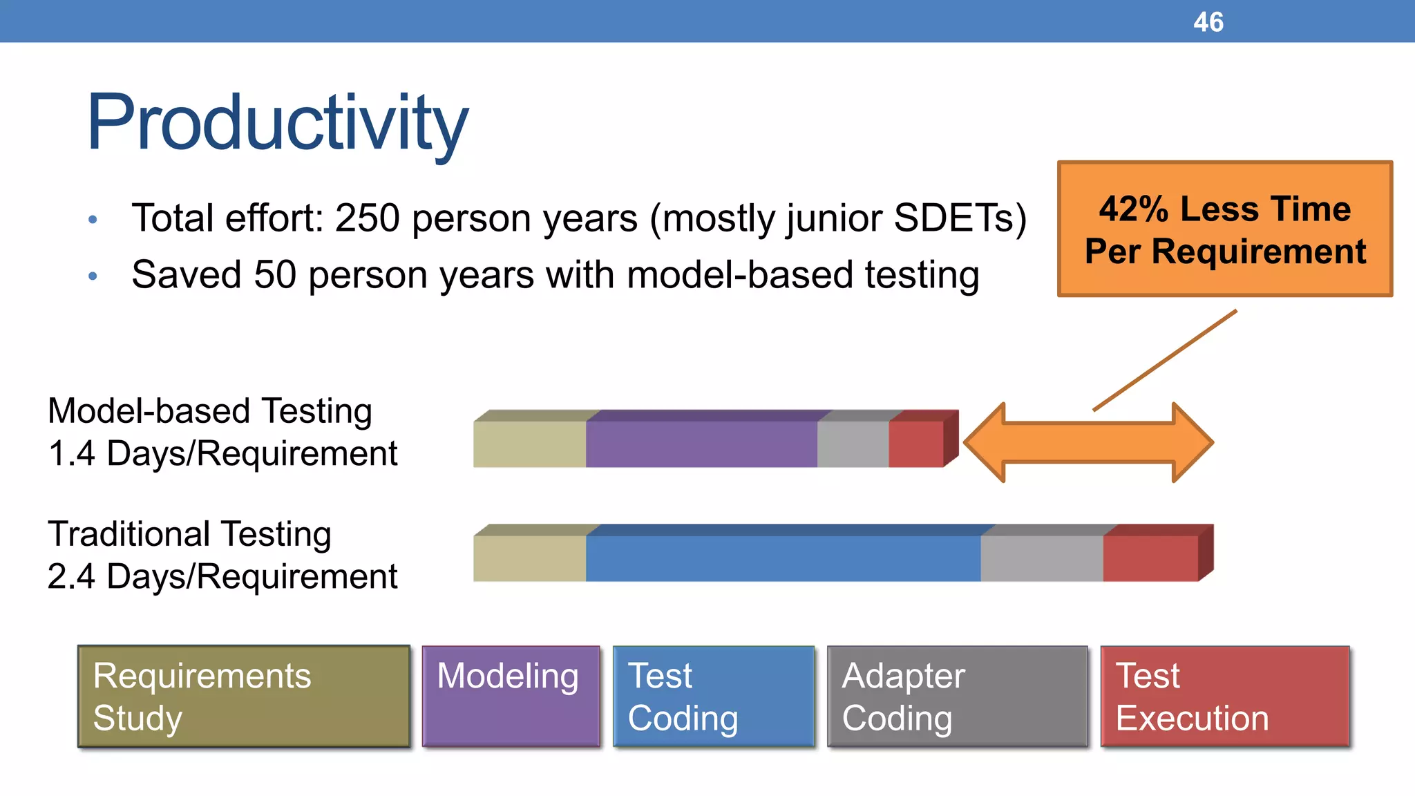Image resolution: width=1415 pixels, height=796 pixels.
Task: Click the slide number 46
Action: pos(1208,22)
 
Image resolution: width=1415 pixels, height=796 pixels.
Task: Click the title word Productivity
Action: pos(277,123)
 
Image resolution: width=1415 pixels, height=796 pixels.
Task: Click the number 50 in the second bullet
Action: pos(274,275)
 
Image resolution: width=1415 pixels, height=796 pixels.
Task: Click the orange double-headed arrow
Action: pos(1088,442)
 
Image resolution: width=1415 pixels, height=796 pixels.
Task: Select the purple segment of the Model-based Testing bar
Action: pos(701,444)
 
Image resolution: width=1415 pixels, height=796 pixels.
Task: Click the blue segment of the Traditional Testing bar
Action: pos(783,558)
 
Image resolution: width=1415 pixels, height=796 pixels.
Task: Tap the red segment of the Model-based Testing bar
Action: pos(915,444)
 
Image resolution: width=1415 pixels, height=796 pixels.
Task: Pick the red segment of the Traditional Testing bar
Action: pos(1150,558)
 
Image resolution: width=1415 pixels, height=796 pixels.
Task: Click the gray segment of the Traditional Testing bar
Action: pos(1041,558)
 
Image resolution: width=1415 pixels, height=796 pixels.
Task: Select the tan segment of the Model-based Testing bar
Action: pos(529,444)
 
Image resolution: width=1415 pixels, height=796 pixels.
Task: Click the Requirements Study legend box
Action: pos(243,696)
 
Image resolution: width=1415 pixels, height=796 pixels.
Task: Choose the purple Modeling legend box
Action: pos(511,696)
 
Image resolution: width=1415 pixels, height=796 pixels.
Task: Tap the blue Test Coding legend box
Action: pos(713,696)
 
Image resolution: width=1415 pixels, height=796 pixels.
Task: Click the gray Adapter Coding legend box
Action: pos(957,696)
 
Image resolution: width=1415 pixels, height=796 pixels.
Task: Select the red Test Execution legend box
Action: pos(1224,696)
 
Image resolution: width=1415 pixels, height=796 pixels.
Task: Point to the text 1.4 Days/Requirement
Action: pos(222,454)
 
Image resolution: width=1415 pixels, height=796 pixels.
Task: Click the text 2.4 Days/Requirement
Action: pos(222,576)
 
